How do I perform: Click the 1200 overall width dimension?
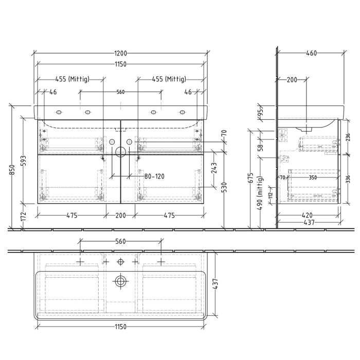pyautogui.click(x=121, y=53)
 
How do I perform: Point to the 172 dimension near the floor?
pyautogui.click(x=23, y=217)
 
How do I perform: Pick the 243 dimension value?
pyautogui.click(x=214, y=168)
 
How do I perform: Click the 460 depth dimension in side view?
pyautogui.click(x=311, y=53)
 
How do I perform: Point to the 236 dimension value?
pyautogui.click(x=348, y=137)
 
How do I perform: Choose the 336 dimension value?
pyautogui.click(x=348, y=179)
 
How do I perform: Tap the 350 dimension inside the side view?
pyautogui.click(x=312, y=177)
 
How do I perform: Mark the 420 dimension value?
pyautogui.click(x=308, y=216)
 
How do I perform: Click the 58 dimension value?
pyautogui.click(x=260, y=147)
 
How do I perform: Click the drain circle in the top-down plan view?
pyautogui.click(x=120, y=281)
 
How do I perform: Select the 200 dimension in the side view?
pyautogui.click(x=292, y=80)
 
